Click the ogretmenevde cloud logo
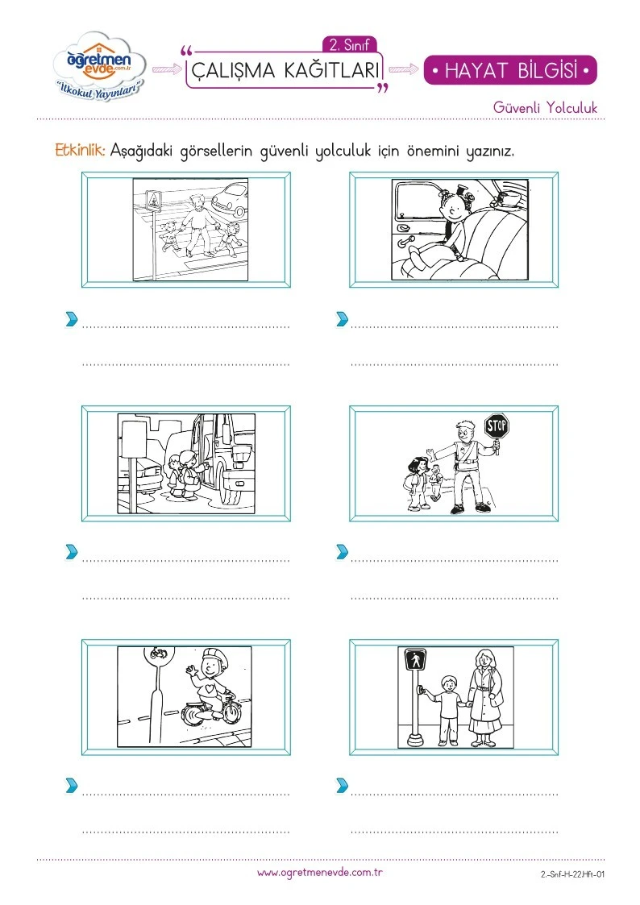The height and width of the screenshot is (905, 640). pyautogui.click(x=99, y=66)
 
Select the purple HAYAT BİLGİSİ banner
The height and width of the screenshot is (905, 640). pyautogui.click(x=510, y=70)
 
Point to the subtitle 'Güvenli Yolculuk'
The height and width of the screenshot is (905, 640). pyautogui.click(x=546, y=107)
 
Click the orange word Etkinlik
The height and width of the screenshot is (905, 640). pyautogui.click(x=80, y=150)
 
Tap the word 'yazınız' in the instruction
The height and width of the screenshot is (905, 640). pyautogui.click(x=489, y=152)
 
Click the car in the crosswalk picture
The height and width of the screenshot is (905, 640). pyautogui.click(x=230, y=199)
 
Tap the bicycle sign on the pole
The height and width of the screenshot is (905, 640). pyautogui.click(x=158, y=654)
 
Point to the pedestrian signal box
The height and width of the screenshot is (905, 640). pyautogui.click(x=415, y=659)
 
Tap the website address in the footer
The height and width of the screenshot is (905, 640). pyautogui.click(x=320, y=873)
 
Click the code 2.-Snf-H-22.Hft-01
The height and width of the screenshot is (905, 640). pyautogui.click(x=572, y=874)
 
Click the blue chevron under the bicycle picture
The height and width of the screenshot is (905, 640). pyautogui.click(x=72, y=785)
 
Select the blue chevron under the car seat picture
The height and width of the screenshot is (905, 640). pyautogui.click(x=342, y=318)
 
